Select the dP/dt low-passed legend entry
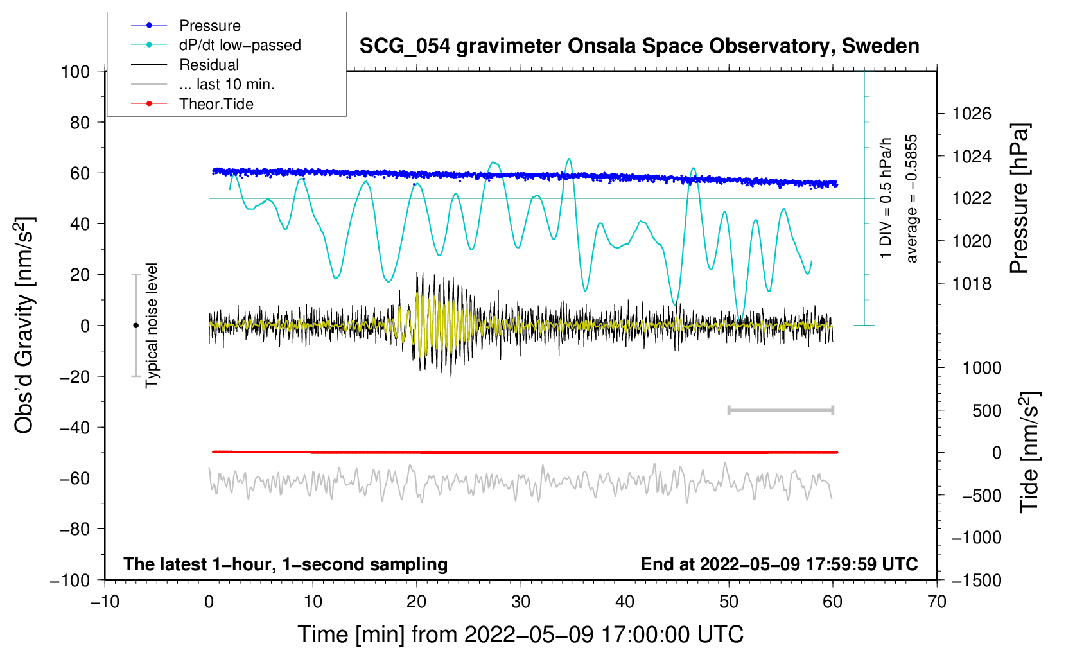point(240,45)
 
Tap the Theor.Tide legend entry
point(216,104)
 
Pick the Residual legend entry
point(209,65)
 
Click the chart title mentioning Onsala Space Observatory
point(639,46)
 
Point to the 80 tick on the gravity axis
point(80,122)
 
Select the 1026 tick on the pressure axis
point(972,114)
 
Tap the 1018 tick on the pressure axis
point(972,284)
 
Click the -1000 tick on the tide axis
point(976,537)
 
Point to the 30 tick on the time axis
point(521,602)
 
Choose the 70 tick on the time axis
point(937,602)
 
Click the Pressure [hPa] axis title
point(1019,198)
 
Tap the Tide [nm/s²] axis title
point(1029,451)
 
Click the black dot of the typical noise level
point(135,326)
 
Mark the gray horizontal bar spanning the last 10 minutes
point(780,410)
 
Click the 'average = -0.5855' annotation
point(912,198)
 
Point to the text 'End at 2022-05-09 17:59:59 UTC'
point(779,564)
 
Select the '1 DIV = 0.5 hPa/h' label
point(886,198)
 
